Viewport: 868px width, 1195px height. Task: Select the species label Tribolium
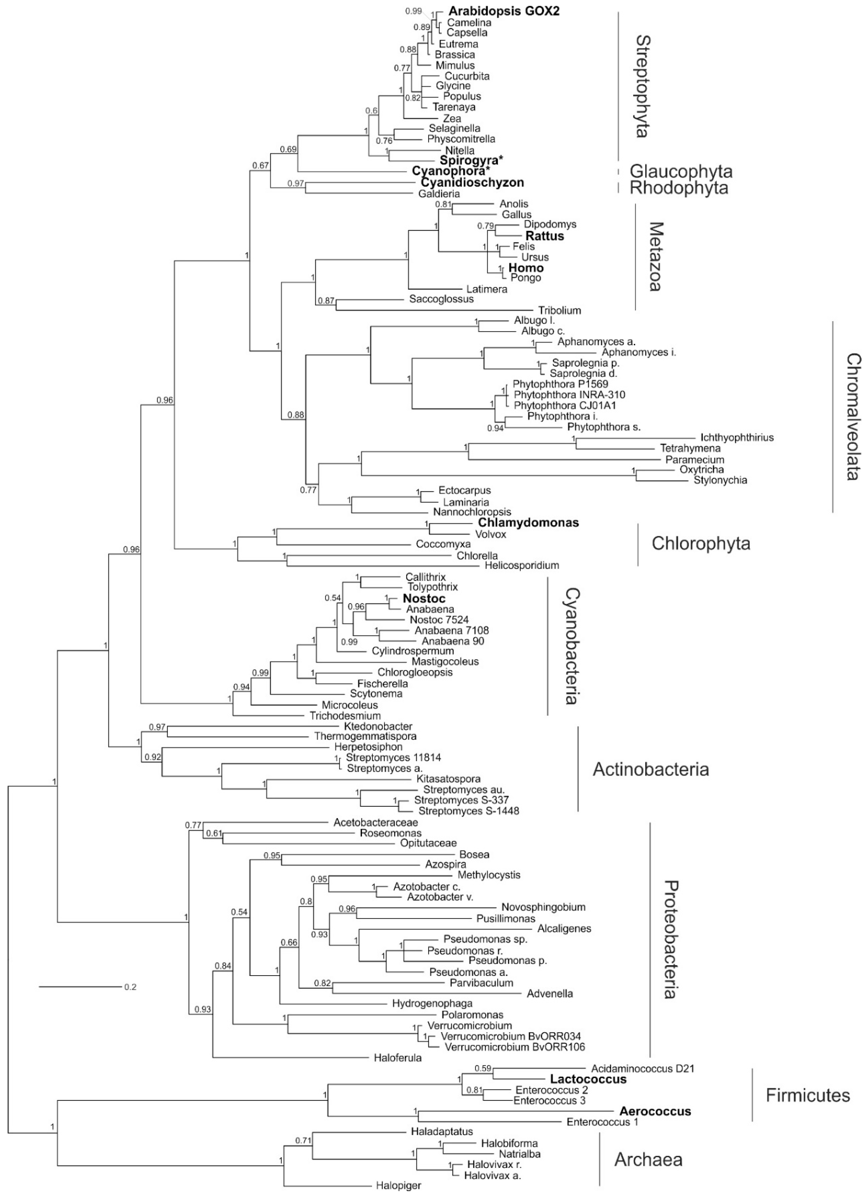[x=559, y=310]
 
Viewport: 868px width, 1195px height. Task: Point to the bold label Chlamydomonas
[x=528, y=523]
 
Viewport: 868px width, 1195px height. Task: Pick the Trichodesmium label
[x=345, y=716]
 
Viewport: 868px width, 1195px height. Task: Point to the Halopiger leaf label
[x=399, y=1186]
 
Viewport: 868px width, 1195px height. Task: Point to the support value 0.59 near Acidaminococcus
[x=483, y=1069]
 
